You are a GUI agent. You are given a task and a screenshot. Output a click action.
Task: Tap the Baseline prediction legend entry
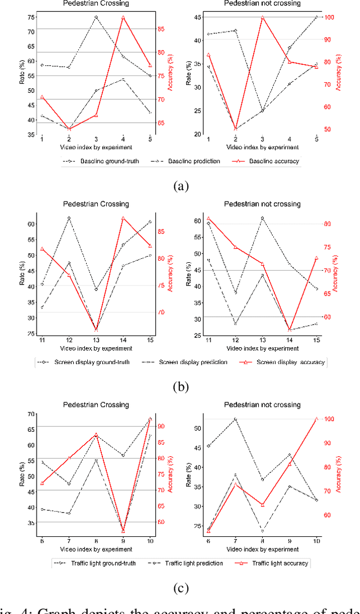coord(180,162)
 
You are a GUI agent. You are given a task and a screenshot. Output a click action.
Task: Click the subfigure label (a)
coord(179,186)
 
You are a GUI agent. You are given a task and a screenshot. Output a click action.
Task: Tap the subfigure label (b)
coord(179,387)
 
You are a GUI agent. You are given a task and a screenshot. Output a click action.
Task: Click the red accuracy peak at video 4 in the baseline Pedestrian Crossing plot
coord(123,17)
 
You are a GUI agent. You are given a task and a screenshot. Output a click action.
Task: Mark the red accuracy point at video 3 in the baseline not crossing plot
coord(263,17)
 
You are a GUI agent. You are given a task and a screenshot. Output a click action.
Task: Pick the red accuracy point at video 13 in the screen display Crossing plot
coord(96,330)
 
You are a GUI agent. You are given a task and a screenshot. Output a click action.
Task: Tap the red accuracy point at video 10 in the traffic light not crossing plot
coord(317,419)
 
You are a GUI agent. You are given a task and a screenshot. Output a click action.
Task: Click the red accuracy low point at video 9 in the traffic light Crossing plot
coord(123,530)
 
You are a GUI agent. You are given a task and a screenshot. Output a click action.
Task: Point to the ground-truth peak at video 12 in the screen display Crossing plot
coord(69,218)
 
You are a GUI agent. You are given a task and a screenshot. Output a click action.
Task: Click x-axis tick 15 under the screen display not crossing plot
coord(317,342)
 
